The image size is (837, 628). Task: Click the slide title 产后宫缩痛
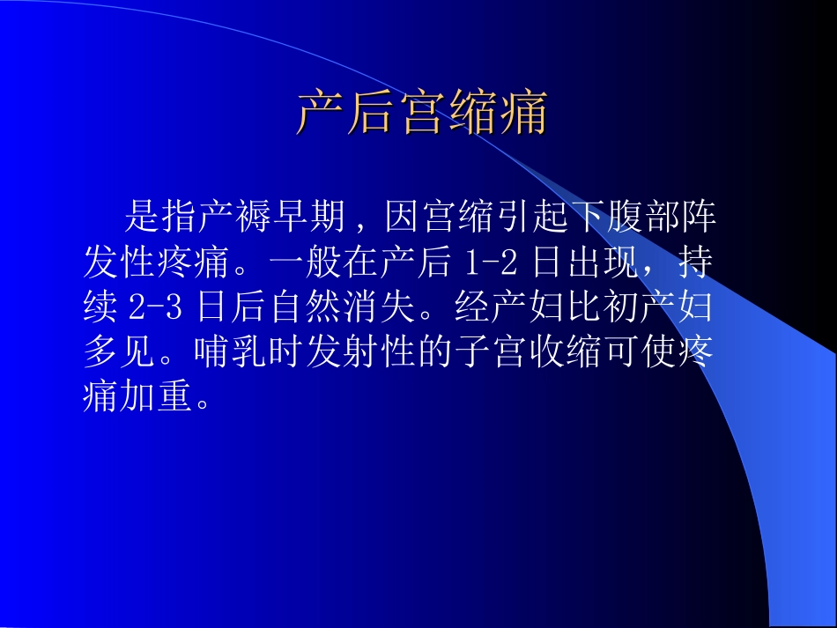pos(421,114)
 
